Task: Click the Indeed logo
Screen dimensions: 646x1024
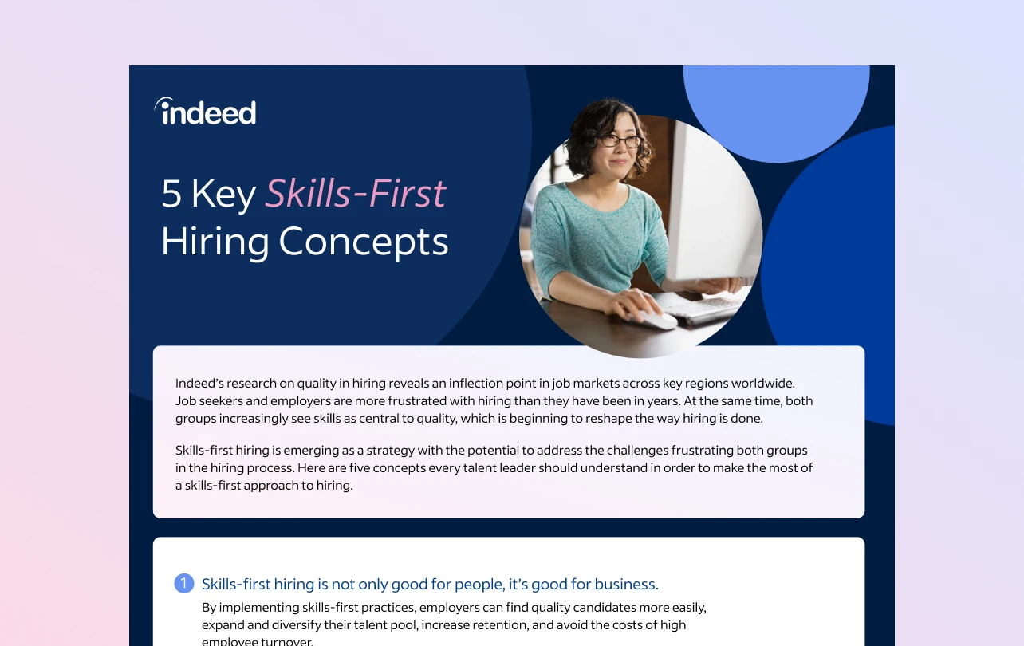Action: [x=206, y=112]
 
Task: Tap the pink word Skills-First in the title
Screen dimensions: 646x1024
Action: [x=356, y=194]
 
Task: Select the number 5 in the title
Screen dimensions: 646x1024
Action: [x=171, y=195]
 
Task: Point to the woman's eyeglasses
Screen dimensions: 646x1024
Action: [x=620, y=141]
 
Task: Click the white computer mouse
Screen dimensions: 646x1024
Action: [x=657, y=320]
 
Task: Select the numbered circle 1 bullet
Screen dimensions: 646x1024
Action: [x=183, y=584]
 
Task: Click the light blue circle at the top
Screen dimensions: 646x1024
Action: [x=775, y=104]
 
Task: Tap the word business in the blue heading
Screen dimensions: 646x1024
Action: [x=626, y=584]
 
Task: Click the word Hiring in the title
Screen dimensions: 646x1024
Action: [x=215, y=242]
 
